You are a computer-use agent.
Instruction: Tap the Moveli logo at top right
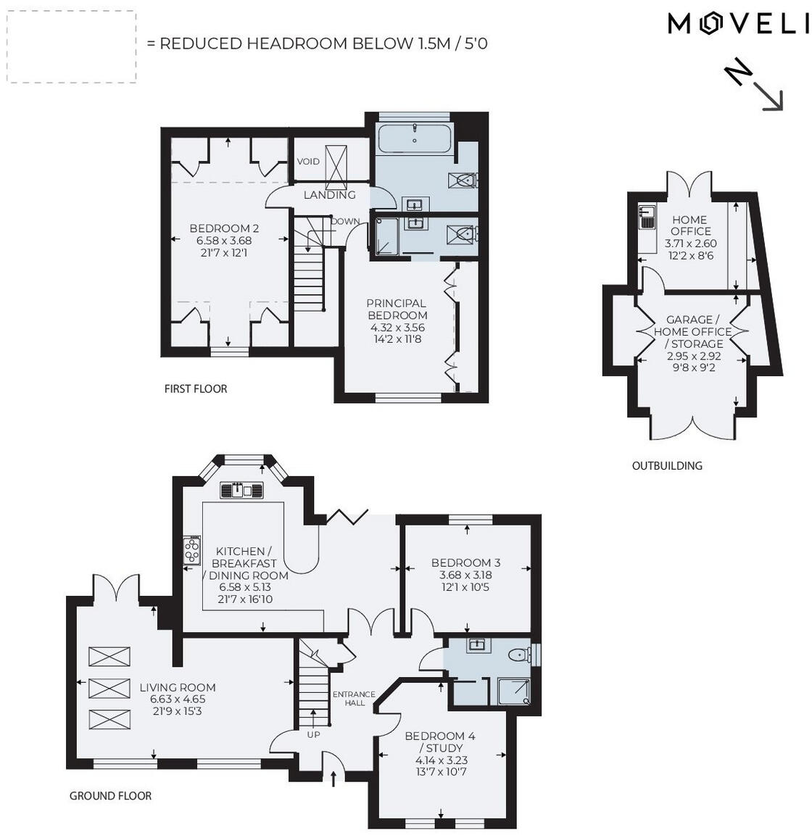pos(737,24)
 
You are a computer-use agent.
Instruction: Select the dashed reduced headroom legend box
pos(71,46)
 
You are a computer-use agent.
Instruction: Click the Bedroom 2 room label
pos(224,228)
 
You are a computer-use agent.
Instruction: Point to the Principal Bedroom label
pos(396,309)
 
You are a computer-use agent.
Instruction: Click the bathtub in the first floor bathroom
pos(414,138)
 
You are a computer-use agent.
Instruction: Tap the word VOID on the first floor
pos(308,162)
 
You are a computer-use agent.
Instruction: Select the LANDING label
pos(329,195)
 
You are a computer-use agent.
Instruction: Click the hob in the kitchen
pos(191,549)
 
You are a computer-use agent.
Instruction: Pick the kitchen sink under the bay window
pos(242,491)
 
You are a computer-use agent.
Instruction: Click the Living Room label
pos(178,687)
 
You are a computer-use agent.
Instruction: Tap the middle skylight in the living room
pos(109,687)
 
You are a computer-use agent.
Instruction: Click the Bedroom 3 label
pos(465,562)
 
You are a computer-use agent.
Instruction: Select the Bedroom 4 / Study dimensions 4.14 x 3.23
pos(441,760)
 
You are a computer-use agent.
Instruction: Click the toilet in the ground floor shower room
pos(519,655)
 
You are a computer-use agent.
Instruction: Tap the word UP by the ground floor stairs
pos(313,734)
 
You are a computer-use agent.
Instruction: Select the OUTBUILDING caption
pos(667,465)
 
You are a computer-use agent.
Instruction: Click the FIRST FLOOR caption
pos(196,389)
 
